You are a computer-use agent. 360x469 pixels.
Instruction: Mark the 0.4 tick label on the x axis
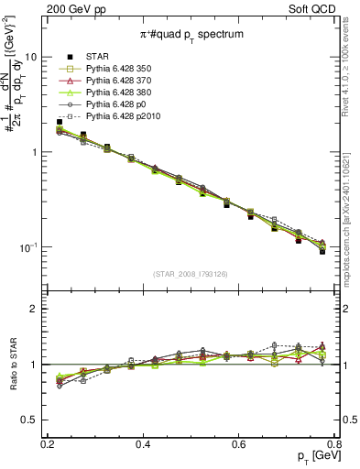click(x=143, y=443)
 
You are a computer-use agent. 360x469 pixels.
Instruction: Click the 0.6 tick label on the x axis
click(x=239, y=443)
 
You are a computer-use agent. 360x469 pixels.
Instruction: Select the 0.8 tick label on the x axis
click(x=333, y=443)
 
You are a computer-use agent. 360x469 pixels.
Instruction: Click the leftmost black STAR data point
click(x=60, y=121)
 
